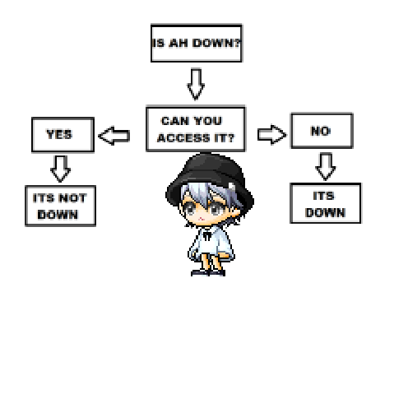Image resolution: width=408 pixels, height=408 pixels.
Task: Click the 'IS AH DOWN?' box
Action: pos(197,44)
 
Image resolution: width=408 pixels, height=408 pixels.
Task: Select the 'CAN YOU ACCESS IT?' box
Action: pos(196,128)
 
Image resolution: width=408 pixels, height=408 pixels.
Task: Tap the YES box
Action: pos(63,134)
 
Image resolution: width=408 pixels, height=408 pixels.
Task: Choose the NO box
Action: pos(322,131)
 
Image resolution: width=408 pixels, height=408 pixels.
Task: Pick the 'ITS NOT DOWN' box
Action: pos(60,206)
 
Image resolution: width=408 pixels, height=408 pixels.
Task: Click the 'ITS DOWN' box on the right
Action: pos(326,203)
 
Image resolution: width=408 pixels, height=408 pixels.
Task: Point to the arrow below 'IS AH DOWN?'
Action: pos(196,85)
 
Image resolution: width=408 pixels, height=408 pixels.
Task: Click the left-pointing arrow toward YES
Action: pos(114,136)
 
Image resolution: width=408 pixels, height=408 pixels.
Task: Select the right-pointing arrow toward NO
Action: pos(272,134)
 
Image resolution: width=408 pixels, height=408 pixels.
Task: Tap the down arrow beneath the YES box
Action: pos(61,169)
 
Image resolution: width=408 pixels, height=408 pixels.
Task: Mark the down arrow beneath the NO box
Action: pos(326,166)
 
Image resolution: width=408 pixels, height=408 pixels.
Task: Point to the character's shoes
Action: pos(208,273)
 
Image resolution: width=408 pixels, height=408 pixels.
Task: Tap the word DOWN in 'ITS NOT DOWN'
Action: pos(58,215)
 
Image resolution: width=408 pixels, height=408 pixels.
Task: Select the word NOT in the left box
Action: pos(73,198)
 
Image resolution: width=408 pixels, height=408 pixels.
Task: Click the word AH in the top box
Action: pos(178,43)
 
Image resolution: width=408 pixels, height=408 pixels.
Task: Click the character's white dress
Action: pos(211,244)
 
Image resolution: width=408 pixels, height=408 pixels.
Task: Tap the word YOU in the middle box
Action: pos(207,121)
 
